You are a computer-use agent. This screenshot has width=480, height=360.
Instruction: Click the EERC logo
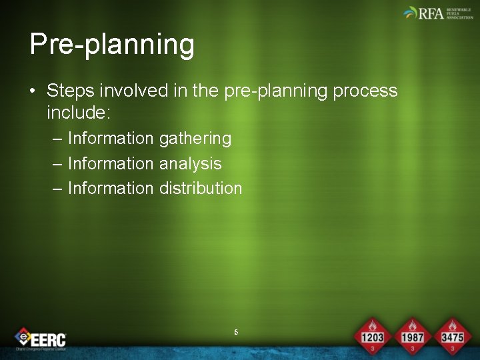[41, 338]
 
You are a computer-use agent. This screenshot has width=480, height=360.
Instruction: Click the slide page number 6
[236, 331]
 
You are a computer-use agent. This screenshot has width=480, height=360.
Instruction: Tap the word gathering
[195, 139]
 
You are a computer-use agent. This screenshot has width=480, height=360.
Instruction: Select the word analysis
[190, 163]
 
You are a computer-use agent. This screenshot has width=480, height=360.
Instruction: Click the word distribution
[201, 188]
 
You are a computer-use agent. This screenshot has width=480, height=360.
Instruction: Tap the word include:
[78, 113]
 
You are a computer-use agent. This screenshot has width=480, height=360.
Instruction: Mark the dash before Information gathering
[57, 139]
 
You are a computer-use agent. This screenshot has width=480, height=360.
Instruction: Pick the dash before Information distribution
[57, 188]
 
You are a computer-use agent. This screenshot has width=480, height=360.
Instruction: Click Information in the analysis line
[111, 163]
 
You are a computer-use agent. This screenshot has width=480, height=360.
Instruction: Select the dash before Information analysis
[57, 163]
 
